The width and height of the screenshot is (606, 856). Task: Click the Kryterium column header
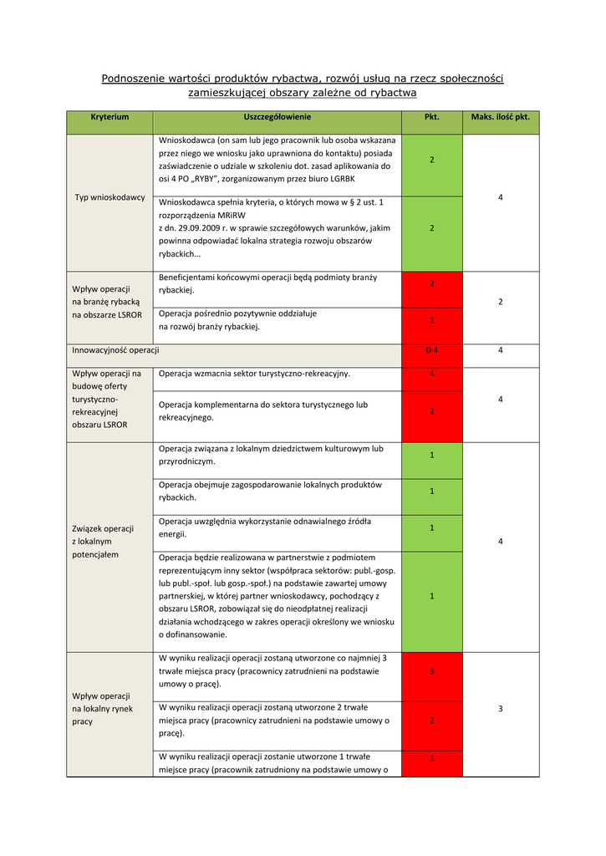109,117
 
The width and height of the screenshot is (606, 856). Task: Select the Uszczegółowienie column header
278,117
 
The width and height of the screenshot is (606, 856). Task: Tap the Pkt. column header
432,117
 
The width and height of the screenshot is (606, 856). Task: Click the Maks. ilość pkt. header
500,117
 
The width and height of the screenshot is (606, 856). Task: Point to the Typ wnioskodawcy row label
109,197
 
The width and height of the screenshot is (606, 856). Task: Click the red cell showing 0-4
432,350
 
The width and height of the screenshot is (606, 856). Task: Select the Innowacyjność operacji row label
115,350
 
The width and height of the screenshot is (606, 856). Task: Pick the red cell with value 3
432,671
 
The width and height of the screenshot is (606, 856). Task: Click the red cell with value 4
432,374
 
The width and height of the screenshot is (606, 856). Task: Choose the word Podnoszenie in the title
132,79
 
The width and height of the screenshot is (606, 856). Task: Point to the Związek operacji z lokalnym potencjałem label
103,541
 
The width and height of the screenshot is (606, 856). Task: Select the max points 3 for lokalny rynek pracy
500,709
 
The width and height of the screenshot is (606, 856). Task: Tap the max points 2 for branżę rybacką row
500,302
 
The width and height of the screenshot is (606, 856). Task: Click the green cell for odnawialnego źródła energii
432,527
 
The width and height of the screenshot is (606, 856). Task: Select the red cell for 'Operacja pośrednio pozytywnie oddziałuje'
432,320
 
